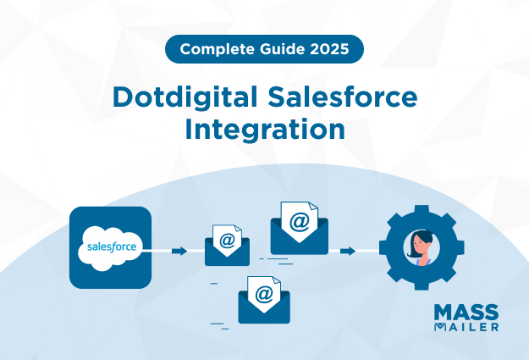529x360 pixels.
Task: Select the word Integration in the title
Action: click(264, 131)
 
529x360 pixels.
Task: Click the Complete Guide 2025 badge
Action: click(264, 49)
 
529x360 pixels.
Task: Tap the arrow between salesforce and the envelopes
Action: click(179, 251)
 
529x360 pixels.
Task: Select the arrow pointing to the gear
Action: click(347, 251)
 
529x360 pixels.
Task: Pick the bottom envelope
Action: click(263, 300)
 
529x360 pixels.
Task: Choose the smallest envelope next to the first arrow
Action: click(227, 246)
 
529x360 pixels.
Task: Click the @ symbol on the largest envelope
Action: click(299, 221)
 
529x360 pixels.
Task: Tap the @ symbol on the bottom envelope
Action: click(264, 294)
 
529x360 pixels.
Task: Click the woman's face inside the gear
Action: click(421, 245)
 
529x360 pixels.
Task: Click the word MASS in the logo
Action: click(466, 311)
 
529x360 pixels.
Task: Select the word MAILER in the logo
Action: click(466, 325)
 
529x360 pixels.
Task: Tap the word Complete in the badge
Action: click(207, 49)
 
